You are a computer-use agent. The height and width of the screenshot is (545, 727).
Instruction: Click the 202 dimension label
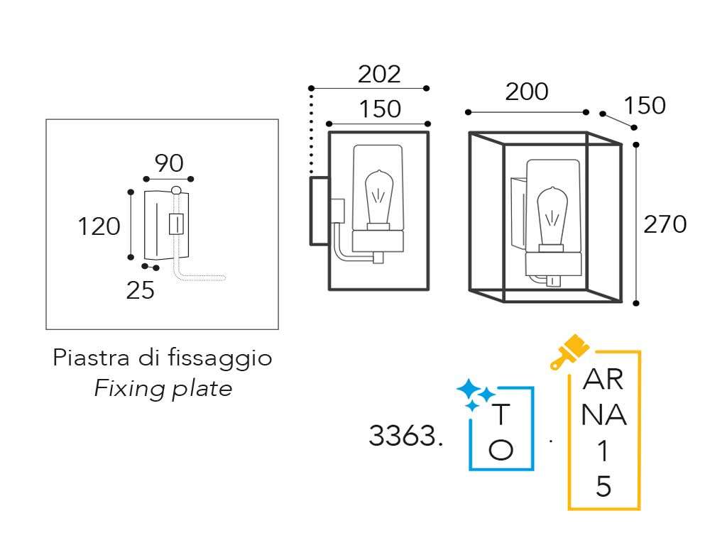click(379, 74)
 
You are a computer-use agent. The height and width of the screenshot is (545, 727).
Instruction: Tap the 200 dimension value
click(527, 92)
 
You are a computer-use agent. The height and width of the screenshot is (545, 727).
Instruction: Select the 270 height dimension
click(665, 224)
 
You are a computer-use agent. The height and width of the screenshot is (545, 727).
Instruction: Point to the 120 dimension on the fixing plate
click(99, 227)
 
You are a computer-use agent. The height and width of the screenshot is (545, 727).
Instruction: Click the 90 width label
click(169, 164)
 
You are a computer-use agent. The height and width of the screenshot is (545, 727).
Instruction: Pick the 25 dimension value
click(141, 290)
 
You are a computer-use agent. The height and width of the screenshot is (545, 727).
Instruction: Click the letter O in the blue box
click(501, 449)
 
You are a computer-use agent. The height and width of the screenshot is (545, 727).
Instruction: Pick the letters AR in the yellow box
click(603, 381)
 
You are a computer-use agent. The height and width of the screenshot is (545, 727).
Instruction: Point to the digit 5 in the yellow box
click(603, 487)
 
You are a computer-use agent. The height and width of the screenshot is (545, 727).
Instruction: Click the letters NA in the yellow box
click(603, 417)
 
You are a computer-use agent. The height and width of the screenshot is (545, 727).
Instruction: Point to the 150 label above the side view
click(379, 109)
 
